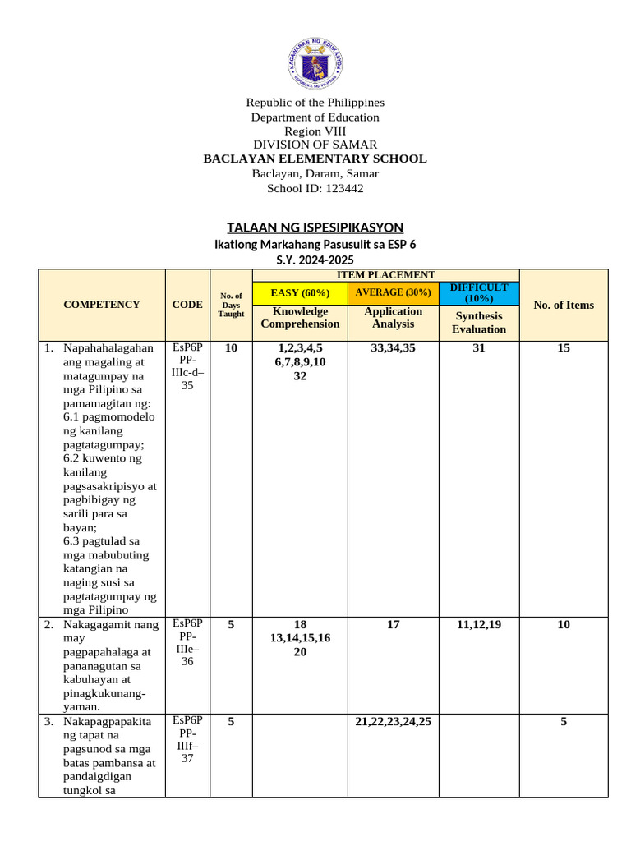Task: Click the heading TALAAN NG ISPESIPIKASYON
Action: (315, 227)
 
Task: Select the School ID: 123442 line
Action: (315, 188)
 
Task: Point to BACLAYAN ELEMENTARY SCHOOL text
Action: (315, 159)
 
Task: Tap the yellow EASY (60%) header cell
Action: (300, 292)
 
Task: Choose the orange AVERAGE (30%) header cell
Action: (393, 292)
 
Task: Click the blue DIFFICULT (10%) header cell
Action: (479, 292)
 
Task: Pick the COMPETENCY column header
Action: (102, 305)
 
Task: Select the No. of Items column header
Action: (563, 305)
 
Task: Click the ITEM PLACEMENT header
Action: (385, 275)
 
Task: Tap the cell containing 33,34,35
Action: (393, 348)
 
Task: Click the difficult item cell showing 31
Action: (479, 348)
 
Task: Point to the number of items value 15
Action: (563, 348)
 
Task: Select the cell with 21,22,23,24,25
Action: (393, 722)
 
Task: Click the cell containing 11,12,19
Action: (479, 625)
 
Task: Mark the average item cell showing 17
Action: (393, 625)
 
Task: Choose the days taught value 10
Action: (231, 348)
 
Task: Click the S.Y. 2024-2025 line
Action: (315, 260)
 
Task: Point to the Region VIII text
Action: (315, 131)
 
